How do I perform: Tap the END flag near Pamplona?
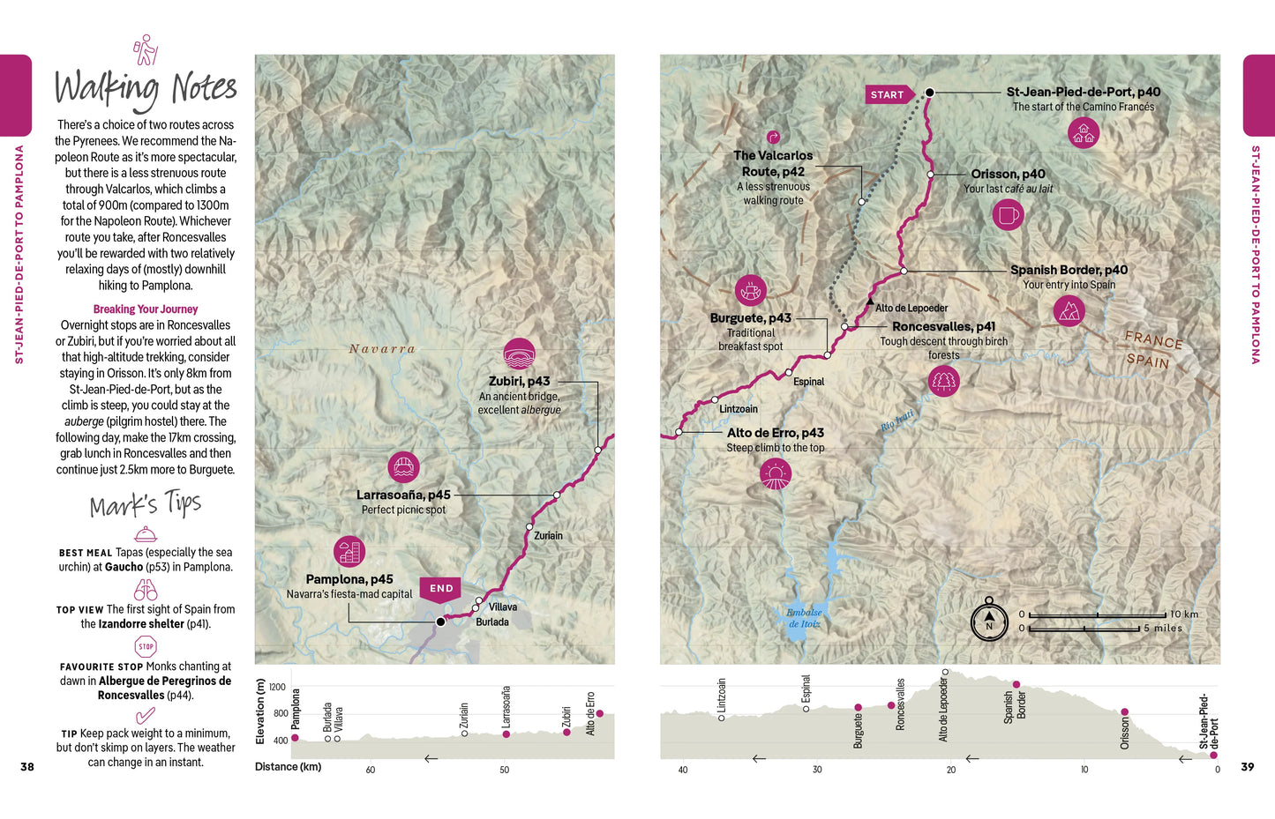tap(440, 589)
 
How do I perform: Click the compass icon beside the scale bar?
tap(989, 621)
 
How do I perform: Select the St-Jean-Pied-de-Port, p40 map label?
tap(1083, 92)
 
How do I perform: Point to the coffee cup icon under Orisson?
tap(1008, 214)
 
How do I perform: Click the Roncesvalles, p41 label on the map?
tap(943, 326)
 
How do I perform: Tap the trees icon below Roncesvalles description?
tap(943, 381)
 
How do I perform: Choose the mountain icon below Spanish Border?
tap(1069, 311)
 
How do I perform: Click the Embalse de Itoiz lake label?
tap(804, 618)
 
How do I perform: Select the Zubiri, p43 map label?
tap(519, 382)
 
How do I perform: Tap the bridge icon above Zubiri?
tap(519, 354)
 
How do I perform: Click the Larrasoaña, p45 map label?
tap(403, 495)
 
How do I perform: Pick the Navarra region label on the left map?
tap(382, 349)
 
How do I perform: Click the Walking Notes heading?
tap(146, 88)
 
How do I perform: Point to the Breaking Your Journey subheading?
tap(146, 309)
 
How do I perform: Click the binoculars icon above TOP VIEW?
tap(146, 590)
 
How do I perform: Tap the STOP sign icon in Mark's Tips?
tap(146, 647)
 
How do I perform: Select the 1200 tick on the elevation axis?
tap(277, 688)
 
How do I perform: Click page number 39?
tap(1247, 767)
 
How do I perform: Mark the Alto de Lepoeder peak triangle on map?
tap(869, 302)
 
